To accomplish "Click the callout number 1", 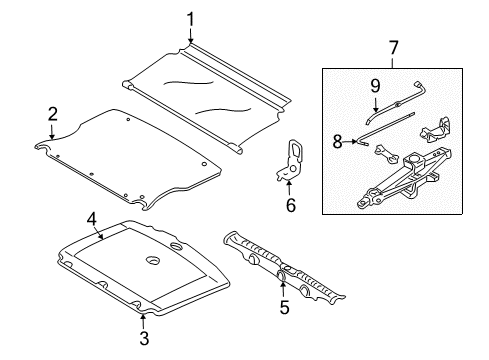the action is [190, 19].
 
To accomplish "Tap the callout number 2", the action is [53, 114].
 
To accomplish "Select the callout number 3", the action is [144, 338].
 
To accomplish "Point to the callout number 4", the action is [92, 219].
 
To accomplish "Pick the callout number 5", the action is [284, 307].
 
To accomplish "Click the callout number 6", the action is [291, 205].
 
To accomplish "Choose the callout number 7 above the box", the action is [394, 48].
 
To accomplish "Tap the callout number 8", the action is [337, 142].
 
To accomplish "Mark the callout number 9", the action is [375, 86].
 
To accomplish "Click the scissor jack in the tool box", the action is [404, 180].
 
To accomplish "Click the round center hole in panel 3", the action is [154, 260].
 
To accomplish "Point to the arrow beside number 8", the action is [350, 142].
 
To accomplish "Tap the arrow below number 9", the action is [376, 104].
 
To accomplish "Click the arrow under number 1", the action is [190, 35].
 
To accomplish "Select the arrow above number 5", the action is [283, 290].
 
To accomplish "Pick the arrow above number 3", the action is [143, 321].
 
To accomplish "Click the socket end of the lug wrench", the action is [417, 84].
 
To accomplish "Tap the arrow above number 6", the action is [289, 188].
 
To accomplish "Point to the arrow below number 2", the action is [52, 131].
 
